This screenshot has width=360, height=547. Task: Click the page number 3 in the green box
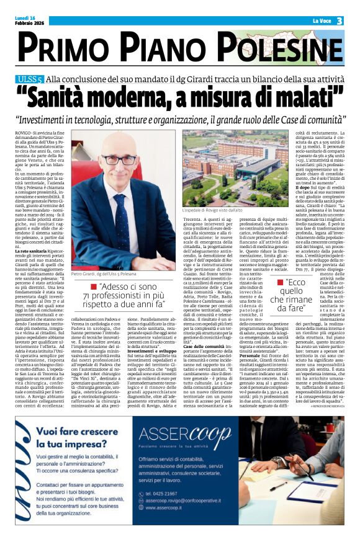[x=340, y=21]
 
